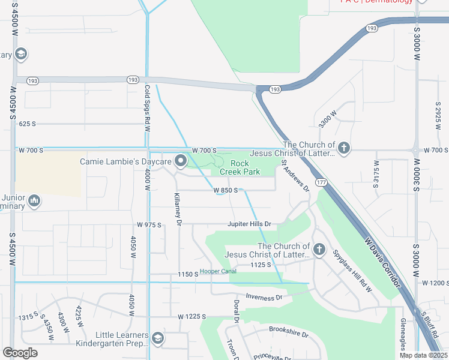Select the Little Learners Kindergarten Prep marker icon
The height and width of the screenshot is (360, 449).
(157, 339)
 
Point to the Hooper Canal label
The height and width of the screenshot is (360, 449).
(218, 271)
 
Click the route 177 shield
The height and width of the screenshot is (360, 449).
(322, 182)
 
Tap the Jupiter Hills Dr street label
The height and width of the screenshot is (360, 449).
(249, 224)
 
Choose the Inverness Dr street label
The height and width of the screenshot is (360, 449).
(264, 297)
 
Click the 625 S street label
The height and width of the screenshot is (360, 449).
(28, 124)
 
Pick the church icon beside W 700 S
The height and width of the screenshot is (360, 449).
(343, 148)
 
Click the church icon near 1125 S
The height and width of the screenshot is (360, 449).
(319, 250)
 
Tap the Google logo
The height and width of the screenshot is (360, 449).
(20, 352)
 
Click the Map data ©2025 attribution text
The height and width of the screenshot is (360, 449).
(423, 355)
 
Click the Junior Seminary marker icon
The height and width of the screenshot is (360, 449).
(34, 200)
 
